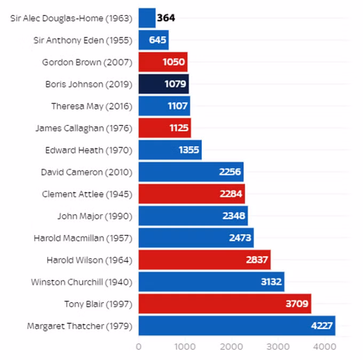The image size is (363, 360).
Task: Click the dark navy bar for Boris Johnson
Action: pos(164,84)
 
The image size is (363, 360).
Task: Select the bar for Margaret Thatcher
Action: pos(237,325)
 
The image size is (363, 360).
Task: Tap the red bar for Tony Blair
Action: pos(225,303)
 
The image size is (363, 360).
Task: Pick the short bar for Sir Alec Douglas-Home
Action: pos(147,18)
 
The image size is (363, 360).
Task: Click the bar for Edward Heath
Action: pos(170,150)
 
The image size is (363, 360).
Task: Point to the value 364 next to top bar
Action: pos(166,18)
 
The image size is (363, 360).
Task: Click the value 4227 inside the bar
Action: pos(322,326)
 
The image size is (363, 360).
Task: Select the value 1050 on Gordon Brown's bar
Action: pos(173,62)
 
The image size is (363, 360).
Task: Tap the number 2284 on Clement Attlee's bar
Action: pos(231,194)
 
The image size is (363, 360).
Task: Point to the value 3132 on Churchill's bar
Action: pos(271,281)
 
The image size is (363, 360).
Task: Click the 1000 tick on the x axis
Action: pos(185,347)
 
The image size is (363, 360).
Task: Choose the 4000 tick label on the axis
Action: pos(325,347)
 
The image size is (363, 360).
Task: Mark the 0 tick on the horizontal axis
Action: pos(139,347)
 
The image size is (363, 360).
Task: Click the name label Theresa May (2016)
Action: pos(92,106)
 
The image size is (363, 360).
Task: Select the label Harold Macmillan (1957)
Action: pos(83,238)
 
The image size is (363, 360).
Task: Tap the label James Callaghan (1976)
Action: pos(84,128)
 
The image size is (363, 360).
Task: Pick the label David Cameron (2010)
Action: pos(86,172)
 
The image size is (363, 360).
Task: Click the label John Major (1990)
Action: pos(95,216)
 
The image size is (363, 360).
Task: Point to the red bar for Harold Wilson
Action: pos(204,260)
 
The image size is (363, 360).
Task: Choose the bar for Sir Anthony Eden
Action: pos(154,40)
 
